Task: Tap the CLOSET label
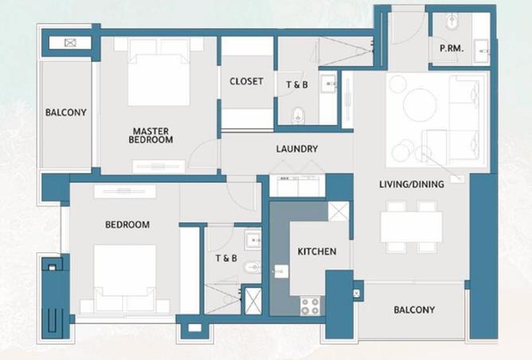(x=246, y=81)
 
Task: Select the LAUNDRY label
(x=297, y=149)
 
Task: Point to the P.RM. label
(x=452, y=49)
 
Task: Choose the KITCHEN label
(x=317, y=252)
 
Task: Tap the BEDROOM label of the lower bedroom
(x=127, y=225)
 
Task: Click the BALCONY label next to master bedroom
(x=65, y=112)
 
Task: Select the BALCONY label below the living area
(x=414, y=310)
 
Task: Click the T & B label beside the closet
(x=299, y=84)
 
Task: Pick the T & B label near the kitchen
(x=226, y=259)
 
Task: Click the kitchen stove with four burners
(x=309, y=304)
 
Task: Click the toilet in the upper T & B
(x=297, y=115)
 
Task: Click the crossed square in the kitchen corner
(x=338, y=213)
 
